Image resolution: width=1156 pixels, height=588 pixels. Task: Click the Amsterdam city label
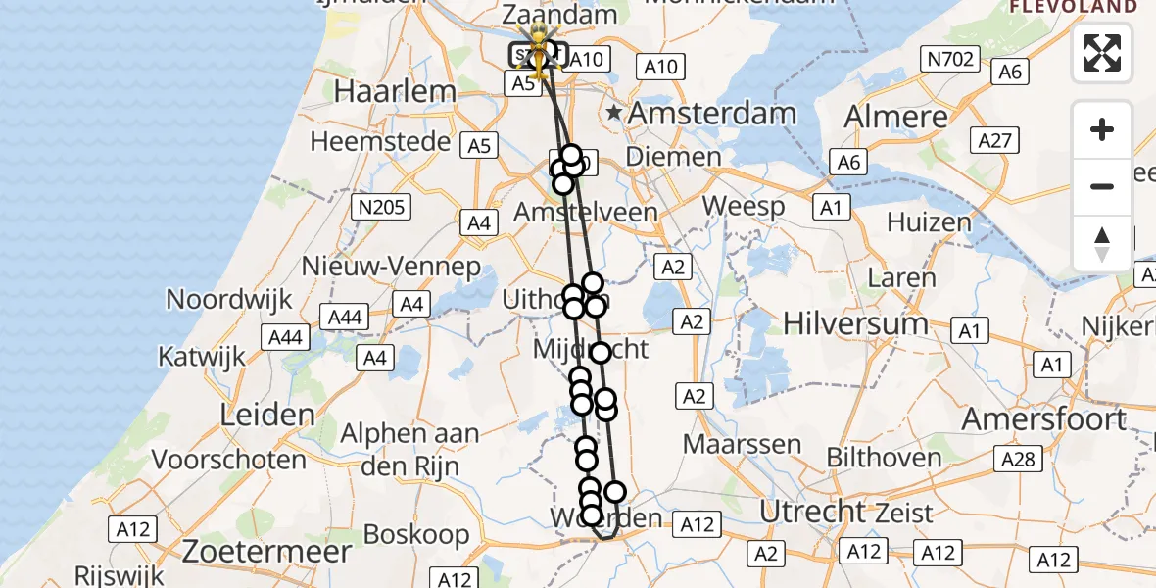[x=711, y=113]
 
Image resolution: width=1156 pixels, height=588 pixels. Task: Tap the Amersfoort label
[x=1044, y=419]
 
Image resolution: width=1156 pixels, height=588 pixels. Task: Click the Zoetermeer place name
[x=267, y=551]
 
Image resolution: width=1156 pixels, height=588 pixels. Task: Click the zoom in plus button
[x=1102, y=130]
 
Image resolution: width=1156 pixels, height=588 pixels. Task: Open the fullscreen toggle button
[x=1102, y=53]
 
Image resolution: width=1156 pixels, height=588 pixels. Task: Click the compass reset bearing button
[x=1102, y=243]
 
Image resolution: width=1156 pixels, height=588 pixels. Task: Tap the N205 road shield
[x=382, y=207]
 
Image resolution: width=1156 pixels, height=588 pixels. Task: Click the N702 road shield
[x=950, y=60]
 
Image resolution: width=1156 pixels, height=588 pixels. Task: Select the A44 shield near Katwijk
[x=285, y=338]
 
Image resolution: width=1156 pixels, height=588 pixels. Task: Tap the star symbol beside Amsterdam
[x=614, y=113]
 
